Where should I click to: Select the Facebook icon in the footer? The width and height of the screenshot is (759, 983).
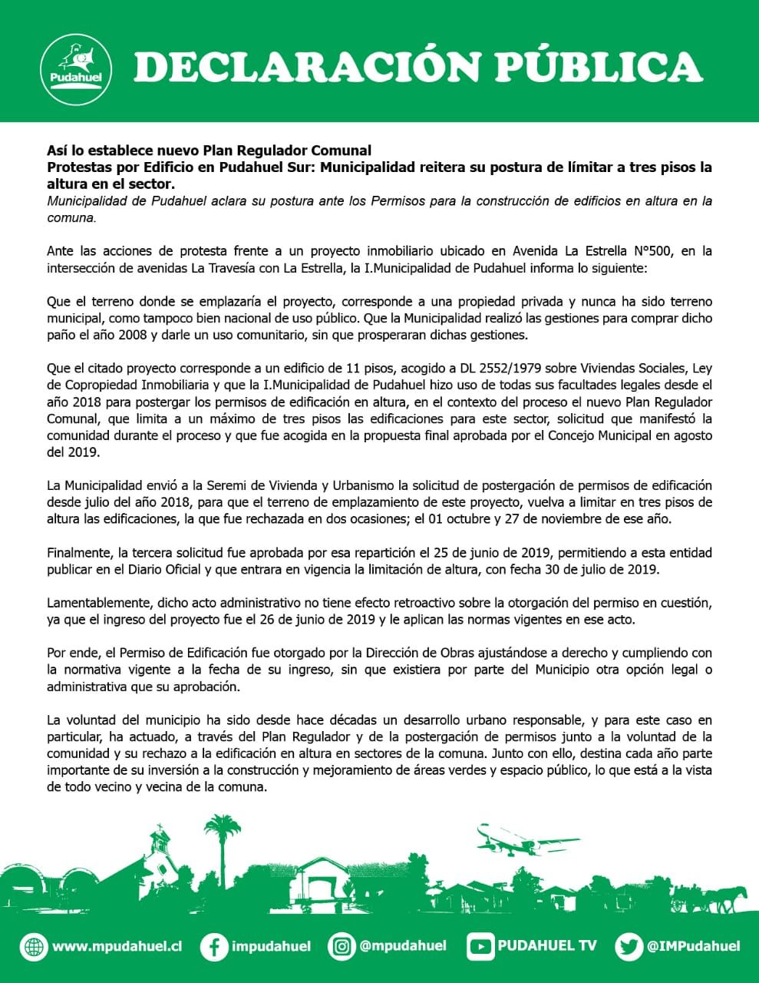pos(213,947)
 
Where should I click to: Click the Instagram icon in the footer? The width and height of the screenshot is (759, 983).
pos(342,946)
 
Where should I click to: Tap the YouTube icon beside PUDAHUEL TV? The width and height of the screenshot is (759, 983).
pos(480,947)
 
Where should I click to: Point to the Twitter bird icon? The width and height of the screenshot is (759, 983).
pos(629,947)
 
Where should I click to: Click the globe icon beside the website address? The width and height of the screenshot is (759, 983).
pos(34,947)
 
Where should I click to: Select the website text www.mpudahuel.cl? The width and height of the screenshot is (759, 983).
pos(117,947)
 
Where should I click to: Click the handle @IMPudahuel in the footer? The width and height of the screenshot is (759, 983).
pos(693,946)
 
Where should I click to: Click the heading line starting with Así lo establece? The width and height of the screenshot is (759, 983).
pos(209,151)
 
